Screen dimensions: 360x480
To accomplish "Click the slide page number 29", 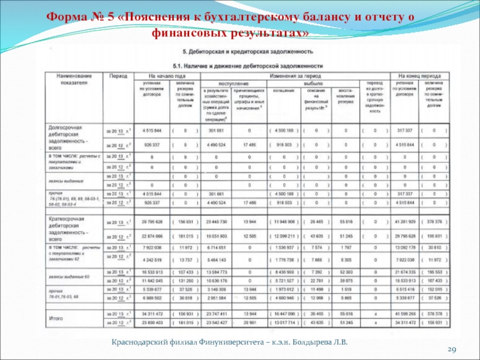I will [453, 349].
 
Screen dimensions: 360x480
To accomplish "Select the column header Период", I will [118, 77].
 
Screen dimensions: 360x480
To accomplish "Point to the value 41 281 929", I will [406, 222].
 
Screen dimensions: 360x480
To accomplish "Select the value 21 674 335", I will [406, 272].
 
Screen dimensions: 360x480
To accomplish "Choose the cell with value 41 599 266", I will [406, 313].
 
